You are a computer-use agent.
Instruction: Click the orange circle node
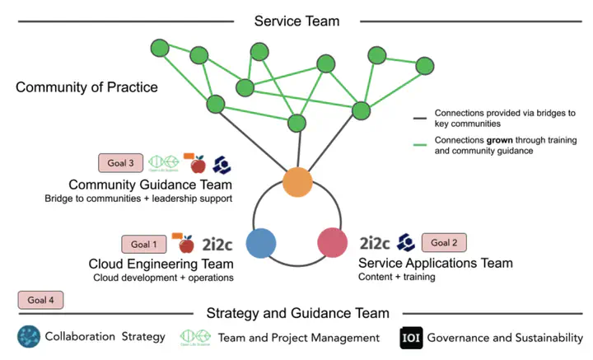click(x=296, y=182)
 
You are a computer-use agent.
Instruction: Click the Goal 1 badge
click(x=144, y=244)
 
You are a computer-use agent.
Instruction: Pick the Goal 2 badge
click(x=445, y=242)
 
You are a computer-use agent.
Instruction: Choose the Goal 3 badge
click(x=120, y=162)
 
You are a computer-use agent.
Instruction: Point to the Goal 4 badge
click(x=40, y=301)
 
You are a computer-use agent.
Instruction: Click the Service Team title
click(x=296, y=21)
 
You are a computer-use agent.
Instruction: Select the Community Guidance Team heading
click(x=150, y=184)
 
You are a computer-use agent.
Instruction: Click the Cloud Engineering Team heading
click(x=161, y=264)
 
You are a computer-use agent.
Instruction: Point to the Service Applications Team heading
click(x=436, y=263)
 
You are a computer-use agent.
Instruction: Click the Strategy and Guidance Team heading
click(x=296, y=313)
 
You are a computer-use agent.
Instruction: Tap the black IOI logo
click(x=411, y=338)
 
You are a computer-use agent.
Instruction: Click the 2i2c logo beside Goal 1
click(x=217, y=243)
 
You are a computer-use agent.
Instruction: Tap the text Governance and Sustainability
click(x=506, y=338)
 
